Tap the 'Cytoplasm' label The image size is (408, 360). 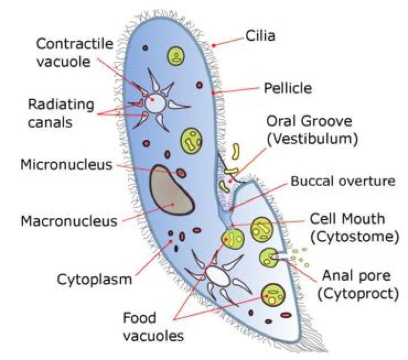(x=94, y=278)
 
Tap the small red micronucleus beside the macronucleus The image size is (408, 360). (x=181, y=173)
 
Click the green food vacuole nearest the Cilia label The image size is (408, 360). (x=177, y=55)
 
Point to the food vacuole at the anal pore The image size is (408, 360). (x=267, y=258)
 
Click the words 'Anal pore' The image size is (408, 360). (x=356, y=276)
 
